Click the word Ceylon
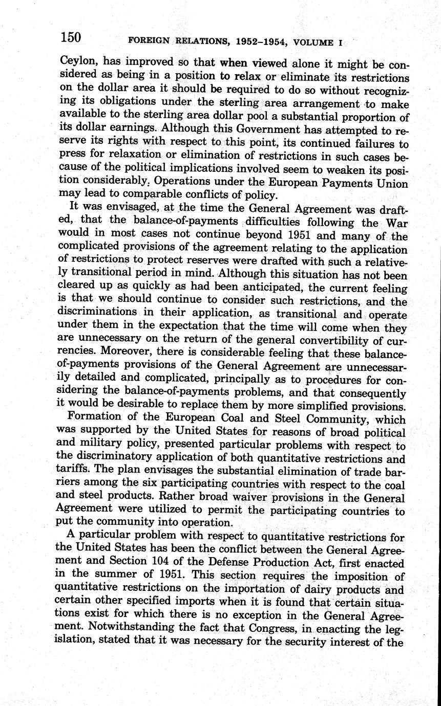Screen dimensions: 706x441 tap(77, 64)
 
